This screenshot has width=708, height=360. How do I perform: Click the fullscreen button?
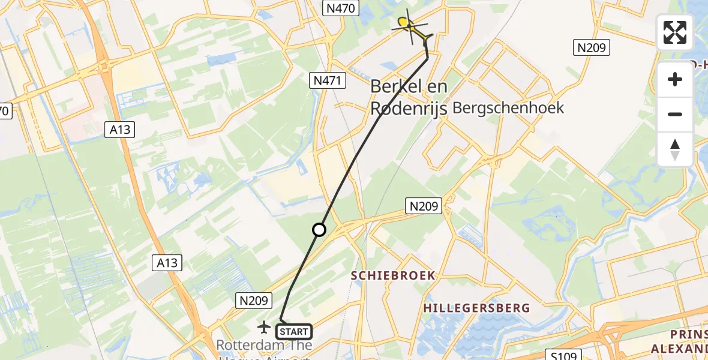675,32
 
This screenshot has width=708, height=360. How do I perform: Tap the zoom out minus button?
675,114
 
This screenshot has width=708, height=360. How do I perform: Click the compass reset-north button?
675,149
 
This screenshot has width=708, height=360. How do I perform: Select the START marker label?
294,332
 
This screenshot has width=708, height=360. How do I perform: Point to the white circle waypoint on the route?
319,230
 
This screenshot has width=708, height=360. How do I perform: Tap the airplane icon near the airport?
263,327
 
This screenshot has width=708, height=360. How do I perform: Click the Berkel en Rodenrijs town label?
409,97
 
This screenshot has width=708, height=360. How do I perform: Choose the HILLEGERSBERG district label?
476,308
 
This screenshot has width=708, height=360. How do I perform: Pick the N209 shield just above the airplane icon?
256,300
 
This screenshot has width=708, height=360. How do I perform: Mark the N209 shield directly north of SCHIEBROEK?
424,206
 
